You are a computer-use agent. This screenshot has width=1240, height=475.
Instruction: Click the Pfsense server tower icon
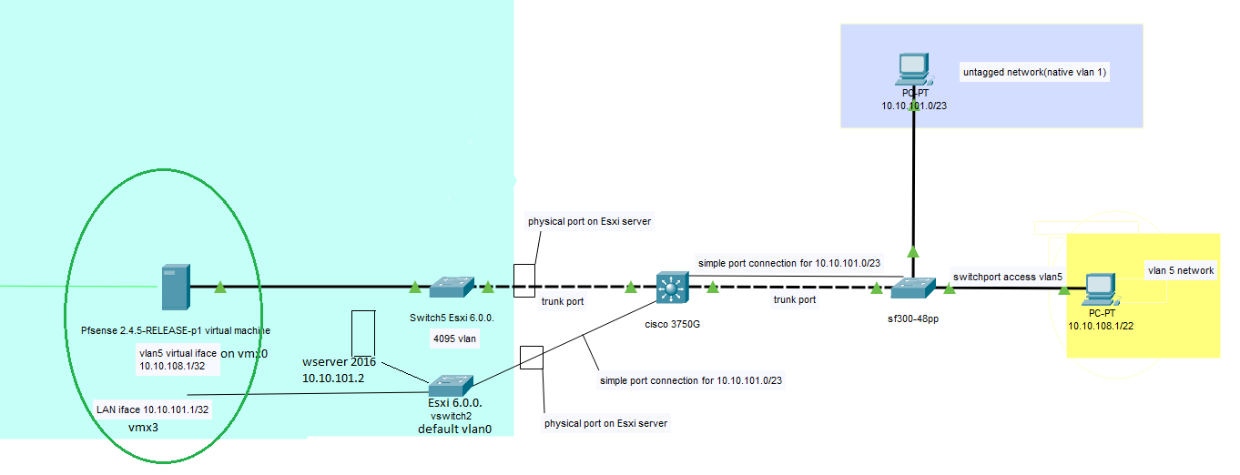pos(176,287)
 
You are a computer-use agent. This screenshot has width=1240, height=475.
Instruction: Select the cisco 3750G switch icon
pos(670,288)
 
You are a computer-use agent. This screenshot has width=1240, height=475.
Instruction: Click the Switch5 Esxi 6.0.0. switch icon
pos(451,288)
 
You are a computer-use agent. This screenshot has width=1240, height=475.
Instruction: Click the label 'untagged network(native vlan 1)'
pos(1034,72)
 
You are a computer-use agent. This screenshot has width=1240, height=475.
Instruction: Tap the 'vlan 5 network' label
pos(1180,270)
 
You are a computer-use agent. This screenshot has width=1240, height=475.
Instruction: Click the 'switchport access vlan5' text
pos(1007,276)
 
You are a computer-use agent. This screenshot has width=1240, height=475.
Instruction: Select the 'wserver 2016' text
pos(339,362)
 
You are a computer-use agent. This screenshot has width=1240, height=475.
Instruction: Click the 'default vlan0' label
pos(454,429)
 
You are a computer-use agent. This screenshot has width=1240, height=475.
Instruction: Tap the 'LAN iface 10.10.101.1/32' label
pos(153,409)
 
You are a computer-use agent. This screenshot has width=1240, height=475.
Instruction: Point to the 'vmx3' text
pos(143,427)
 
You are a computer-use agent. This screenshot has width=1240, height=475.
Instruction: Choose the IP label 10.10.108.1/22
pos(1103,325)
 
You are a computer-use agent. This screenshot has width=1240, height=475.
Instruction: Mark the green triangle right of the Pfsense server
pos(219,288)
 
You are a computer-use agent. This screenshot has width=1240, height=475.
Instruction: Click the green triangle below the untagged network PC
pos(912,251)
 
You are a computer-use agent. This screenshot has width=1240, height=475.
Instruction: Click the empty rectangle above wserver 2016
pos(363,333)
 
